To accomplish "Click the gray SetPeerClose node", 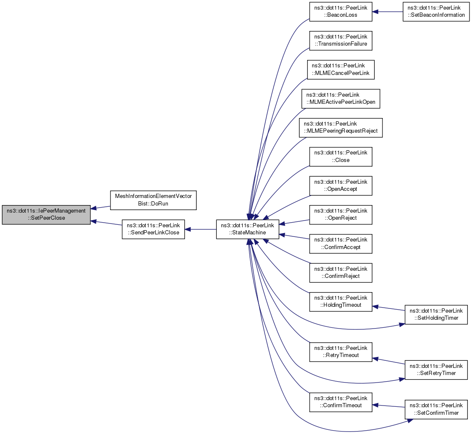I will [x=46, y=215].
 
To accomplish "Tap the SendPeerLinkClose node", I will [x=153, y=229].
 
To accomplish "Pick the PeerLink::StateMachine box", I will [x=247, y=229].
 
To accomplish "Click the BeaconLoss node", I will [x=341, y=12].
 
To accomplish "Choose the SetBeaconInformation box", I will [x=436, y=12].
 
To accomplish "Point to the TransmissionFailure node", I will [x=341, y=41].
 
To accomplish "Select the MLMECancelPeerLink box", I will [x=341, y=70].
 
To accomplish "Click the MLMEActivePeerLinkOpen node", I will [x=341, y=99].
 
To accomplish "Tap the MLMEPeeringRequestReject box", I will [x=341, y=128].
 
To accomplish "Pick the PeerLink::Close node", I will [x=341, y=157].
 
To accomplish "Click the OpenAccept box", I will [x=341, y=186].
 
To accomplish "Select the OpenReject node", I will [x=341, y=215].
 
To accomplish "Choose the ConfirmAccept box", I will [x=341, y=244].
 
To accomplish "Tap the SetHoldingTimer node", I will [x=436, y=314].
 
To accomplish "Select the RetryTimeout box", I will [x=341, y=352].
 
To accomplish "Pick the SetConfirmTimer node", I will [x=436, y=409].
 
